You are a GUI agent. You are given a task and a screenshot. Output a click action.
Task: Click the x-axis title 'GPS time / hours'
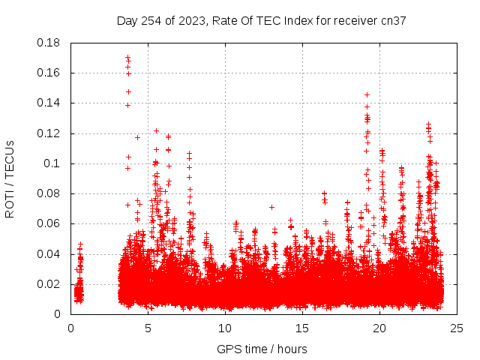tap(262, 349)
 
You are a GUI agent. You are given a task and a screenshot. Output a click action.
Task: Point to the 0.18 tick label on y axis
tap(49, 43)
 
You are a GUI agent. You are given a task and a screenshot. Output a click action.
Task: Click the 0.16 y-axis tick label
tap(49, 73)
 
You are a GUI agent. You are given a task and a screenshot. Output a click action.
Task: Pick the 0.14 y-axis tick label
tap(49, 103)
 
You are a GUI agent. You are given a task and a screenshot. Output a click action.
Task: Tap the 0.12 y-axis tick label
tap(49, 133)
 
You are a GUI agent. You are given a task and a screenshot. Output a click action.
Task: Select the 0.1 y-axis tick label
tap(53, 163)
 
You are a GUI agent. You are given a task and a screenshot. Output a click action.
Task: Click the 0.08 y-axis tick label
tap(49, 193)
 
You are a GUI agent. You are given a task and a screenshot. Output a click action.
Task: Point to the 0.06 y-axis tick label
tap(49, 223)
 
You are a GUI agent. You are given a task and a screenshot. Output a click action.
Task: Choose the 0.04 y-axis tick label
tap(49, 253)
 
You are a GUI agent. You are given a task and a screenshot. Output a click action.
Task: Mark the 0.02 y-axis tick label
tap(49, 284)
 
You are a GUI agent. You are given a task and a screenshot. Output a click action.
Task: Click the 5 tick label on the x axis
tap(148, 328)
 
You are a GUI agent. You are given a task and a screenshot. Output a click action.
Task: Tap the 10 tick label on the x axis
tap(226, 328)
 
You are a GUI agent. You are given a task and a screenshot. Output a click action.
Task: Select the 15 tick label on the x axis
tap(303, 328)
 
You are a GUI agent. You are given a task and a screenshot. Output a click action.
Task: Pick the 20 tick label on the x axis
tap(380, 328)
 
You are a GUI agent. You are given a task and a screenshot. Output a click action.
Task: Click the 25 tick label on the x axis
tap(457, 328)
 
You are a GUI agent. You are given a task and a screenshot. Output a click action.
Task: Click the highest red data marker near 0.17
tap(127, 57)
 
